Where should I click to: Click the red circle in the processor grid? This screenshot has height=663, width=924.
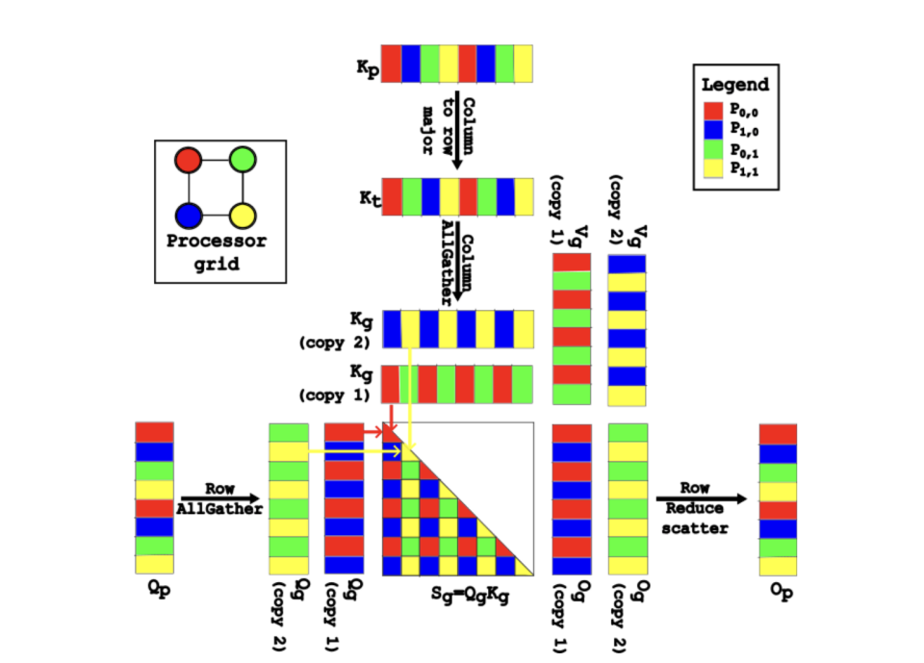pyautogui.click(x=189, y=158)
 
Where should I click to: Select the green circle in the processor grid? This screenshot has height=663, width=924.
pyautogui.click(x=244, y=158)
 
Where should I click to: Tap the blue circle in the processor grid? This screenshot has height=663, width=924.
pyautogui.click(x=189, y=214)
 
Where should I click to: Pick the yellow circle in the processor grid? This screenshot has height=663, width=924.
pyautogui.click(x=244, y=214)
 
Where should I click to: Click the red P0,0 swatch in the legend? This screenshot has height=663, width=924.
pyautogui.click(x=713, y=111)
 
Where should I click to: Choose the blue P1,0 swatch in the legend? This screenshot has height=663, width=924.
pyautogui.click(x=713, y=133)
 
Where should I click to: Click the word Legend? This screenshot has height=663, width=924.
pyautogui.click(x=735, y=84)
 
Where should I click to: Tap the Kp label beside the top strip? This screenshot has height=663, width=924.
pyautogui.click(x=366, y=68)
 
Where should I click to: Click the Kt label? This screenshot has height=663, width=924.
pyautogui.click(x=369, y=198)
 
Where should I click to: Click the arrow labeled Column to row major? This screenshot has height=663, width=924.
pyautogui.click(x=456, y=130)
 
